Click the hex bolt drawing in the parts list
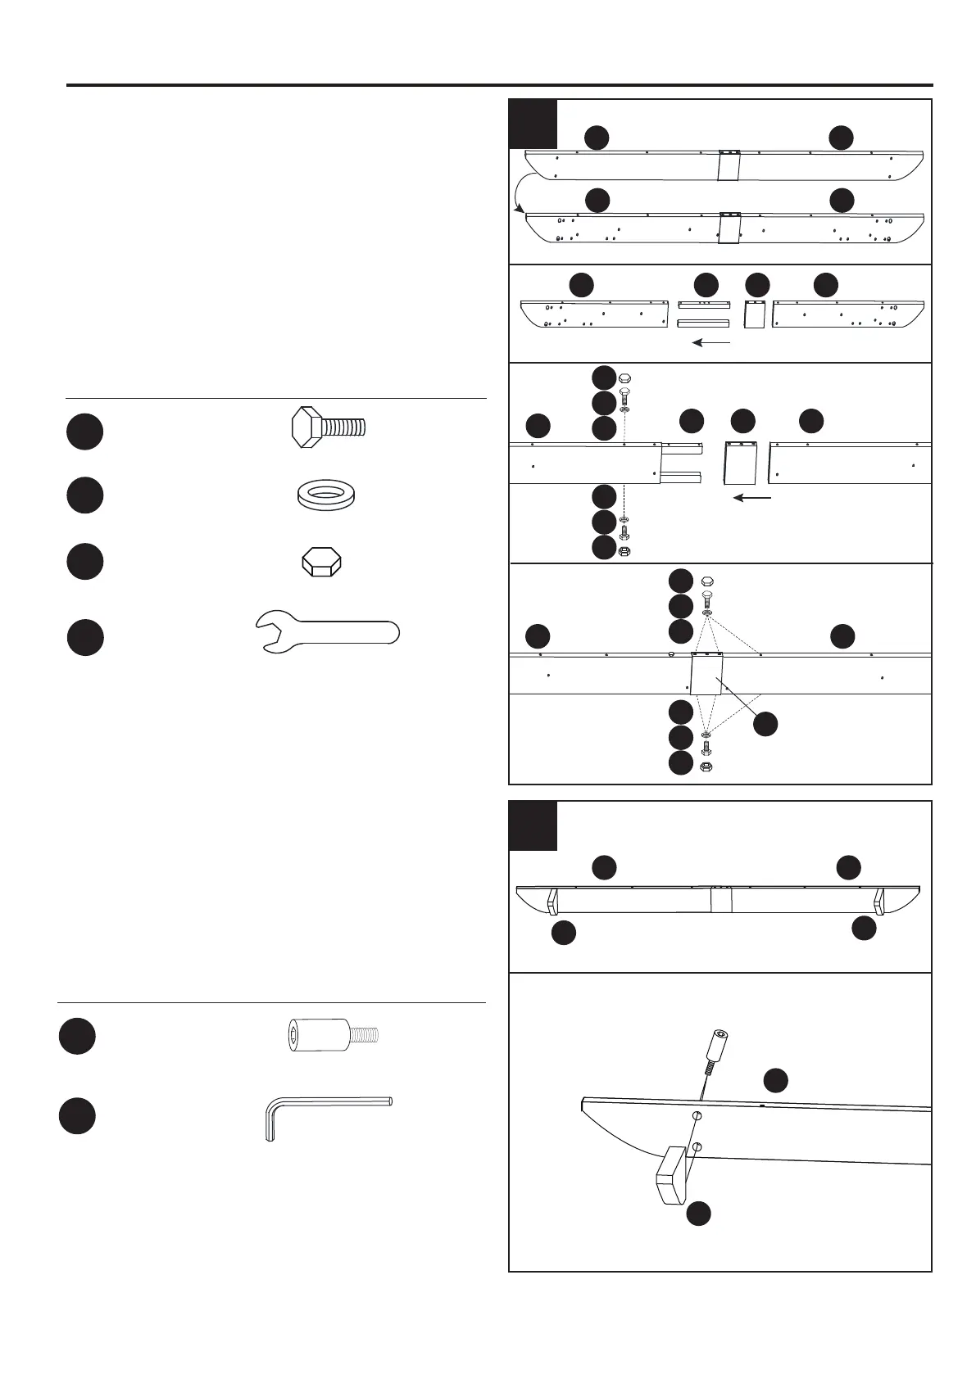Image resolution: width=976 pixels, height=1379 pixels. coord(328,427)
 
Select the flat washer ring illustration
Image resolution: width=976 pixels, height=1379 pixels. coord(329,495)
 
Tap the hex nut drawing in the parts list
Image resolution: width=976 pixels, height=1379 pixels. coord(321,563)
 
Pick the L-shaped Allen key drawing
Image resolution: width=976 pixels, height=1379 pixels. coord(328,1116)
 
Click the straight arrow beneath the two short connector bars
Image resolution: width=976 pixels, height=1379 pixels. coord(710,343)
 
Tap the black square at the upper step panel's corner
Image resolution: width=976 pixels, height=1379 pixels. coord(533,124)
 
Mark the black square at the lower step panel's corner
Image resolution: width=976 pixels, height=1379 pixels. coord(533,825)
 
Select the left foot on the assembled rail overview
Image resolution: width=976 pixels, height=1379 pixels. coord(552,902)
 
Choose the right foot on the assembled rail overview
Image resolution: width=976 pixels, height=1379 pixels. coord(880,902)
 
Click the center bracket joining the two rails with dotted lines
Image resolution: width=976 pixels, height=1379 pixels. coord(706,674)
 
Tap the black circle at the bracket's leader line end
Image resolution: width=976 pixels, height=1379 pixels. coord(765,724)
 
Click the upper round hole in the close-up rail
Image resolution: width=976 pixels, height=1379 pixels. coord(696,1116)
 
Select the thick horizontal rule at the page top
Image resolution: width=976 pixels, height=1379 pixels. coord(499,85)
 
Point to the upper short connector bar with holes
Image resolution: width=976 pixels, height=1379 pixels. coord(703,305)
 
